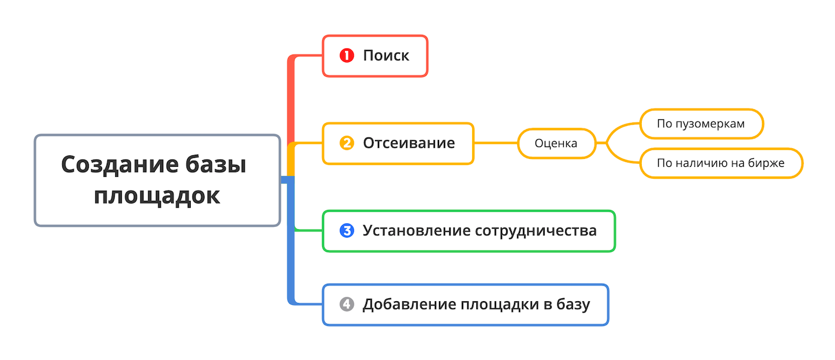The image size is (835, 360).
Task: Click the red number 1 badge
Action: click(x=347, y=56)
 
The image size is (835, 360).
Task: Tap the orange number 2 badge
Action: click(x=347, y=143)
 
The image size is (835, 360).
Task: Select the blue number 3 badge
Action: click(x=347, y=230)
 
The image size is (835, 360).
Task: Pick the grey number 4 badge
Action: click(x=347, y=305)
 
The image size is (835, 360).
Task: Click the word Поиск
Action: click(x=386, y=56)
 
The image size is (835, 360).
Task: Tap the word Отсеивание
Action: click(x=409, y=143)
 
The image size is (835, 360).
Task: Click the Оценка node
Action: click(x=556, y=143)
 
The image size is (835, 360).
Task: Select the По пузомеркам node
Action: click(x=701, y=124)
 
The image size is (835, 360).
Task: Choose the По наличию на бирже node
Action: click(x=720, y=163)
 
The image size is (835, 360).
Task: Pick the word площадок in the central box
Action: click(x=157, y=196)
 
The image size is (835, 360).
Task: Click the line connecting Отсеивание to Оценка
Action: click(x=495, y=143)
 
